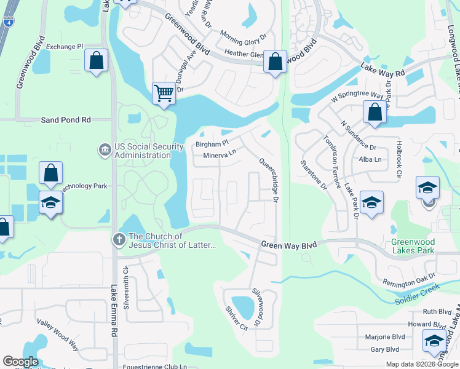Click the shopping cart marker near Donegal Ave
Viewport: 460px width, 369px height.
(x=164, y=94)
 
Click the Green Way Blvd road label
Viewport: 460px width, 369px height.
(x=288, y=245)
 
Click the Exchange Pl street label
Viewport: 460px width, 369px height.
(x=64, y=46)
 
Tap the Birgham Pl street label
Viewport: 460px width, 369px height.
(x=212, y=144)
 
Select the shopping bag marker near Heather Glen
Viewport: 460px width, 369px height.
(x=276, y=61)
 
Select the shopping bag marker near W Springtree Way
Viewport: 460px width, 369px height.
(x=374, y=113)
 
